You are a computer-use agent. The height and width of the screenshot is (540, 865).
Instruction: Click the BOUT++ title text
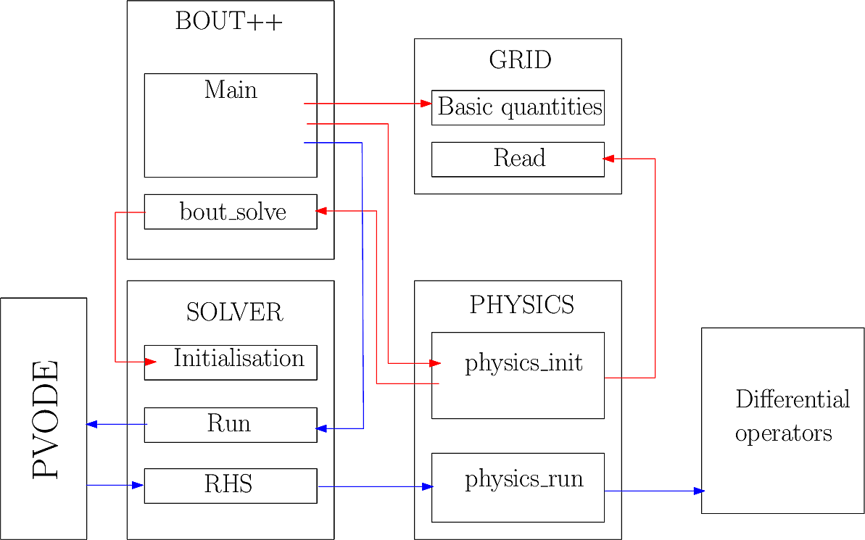[228, 22]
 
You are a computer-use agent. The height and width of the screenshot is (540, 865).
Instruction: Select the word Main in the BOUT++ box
[231, 91]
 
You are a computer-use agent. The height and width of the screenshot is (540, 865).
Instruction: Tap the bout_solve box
[231, 212]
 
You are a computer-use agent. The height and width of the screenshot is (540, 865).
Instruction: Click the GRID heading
[520, 60]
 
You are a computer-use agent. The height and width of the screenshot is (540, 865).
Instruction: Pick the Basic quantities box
[518, 108]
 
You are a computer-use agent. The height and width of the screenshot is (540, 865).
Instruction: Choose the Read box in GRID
[518, 159]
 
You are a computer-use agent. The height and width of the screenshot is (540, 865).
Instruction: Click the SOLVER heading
[234, 312]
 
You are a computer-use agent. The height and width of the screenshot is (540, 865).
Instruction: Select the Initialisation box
[231, 362]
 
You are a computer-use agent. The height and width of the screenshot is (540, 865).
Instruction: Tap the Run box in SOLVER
[231, 425]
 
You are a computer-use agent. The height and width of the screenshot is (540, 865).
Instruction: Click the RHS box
[231, 485]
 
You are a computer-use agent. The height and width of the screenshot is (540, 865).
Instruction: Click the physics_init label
[523, 362]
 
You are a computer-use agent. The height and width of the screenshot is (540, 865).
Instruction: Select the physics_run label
[523, 480]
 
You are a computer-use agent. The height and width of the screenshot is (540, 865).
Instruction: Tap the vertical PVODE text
[45, 418]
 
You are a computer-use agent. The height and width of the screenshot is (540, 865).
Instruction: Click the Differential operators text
[791, 416]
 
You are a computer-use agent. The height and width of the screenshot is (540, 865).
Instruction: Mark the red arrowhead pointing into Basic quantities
[426, 104]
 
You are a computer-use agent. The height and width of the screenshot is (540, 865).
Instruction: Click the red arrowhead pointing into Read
[610, 159]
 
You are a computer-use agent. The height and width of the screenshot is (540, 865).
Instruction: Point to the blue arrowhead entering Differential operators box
[699, 491]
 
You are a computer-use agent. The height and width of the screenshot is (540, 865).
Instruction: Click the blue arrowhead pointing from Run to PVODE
[92, 424]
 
